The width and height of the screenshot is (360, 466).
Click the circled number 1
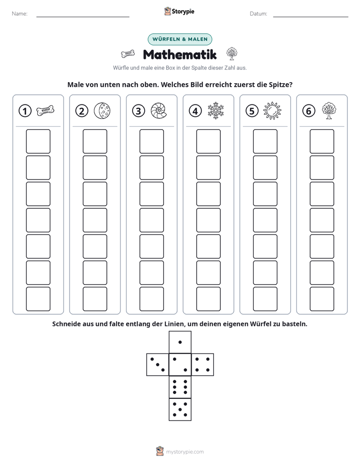tap(25, 111)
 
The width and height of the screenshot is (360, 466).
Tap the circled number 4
tap(195, 111)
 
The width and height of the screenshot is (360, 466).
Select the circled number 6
tap(309, 111)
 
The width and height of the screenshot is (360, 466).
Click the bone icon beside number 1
tap(45, 110)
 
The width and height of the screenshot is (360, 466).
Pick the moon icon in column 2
tap(102, 110)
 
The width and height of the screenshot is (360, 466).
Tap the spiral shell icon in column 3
tap(159, 110)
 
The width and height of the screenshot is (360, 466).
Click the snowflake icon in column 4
tap(216, 110)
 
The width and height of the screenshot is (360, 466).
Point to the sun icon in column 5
tap(272, 111)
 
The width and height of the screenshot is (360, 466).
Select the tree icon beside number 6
tap(329, 110)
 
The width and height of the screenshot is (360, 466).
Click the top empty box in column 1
tap(38, 141)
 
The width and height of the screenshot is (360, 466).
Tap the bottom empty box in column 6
tap(322, 299)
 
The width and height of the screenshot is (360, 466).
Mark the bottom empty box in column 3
tap(151, 299)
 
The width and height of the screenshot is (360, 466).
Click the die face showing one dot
tap(180, 342)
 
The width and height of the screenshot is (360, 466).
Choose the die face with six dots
tap(180, 387)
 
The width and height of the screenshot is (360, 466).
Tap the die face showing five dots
tap(180, 410)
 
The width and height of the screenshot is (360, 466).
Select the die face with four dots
tap(203, 365)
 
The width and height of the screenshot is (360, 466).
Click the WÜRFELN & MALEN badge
tap(180, 39)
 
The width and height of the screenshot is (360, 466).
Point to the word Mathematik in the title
tap(180, 54)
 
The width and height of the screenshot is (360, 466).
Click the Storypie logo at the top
tap(179, 12)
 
